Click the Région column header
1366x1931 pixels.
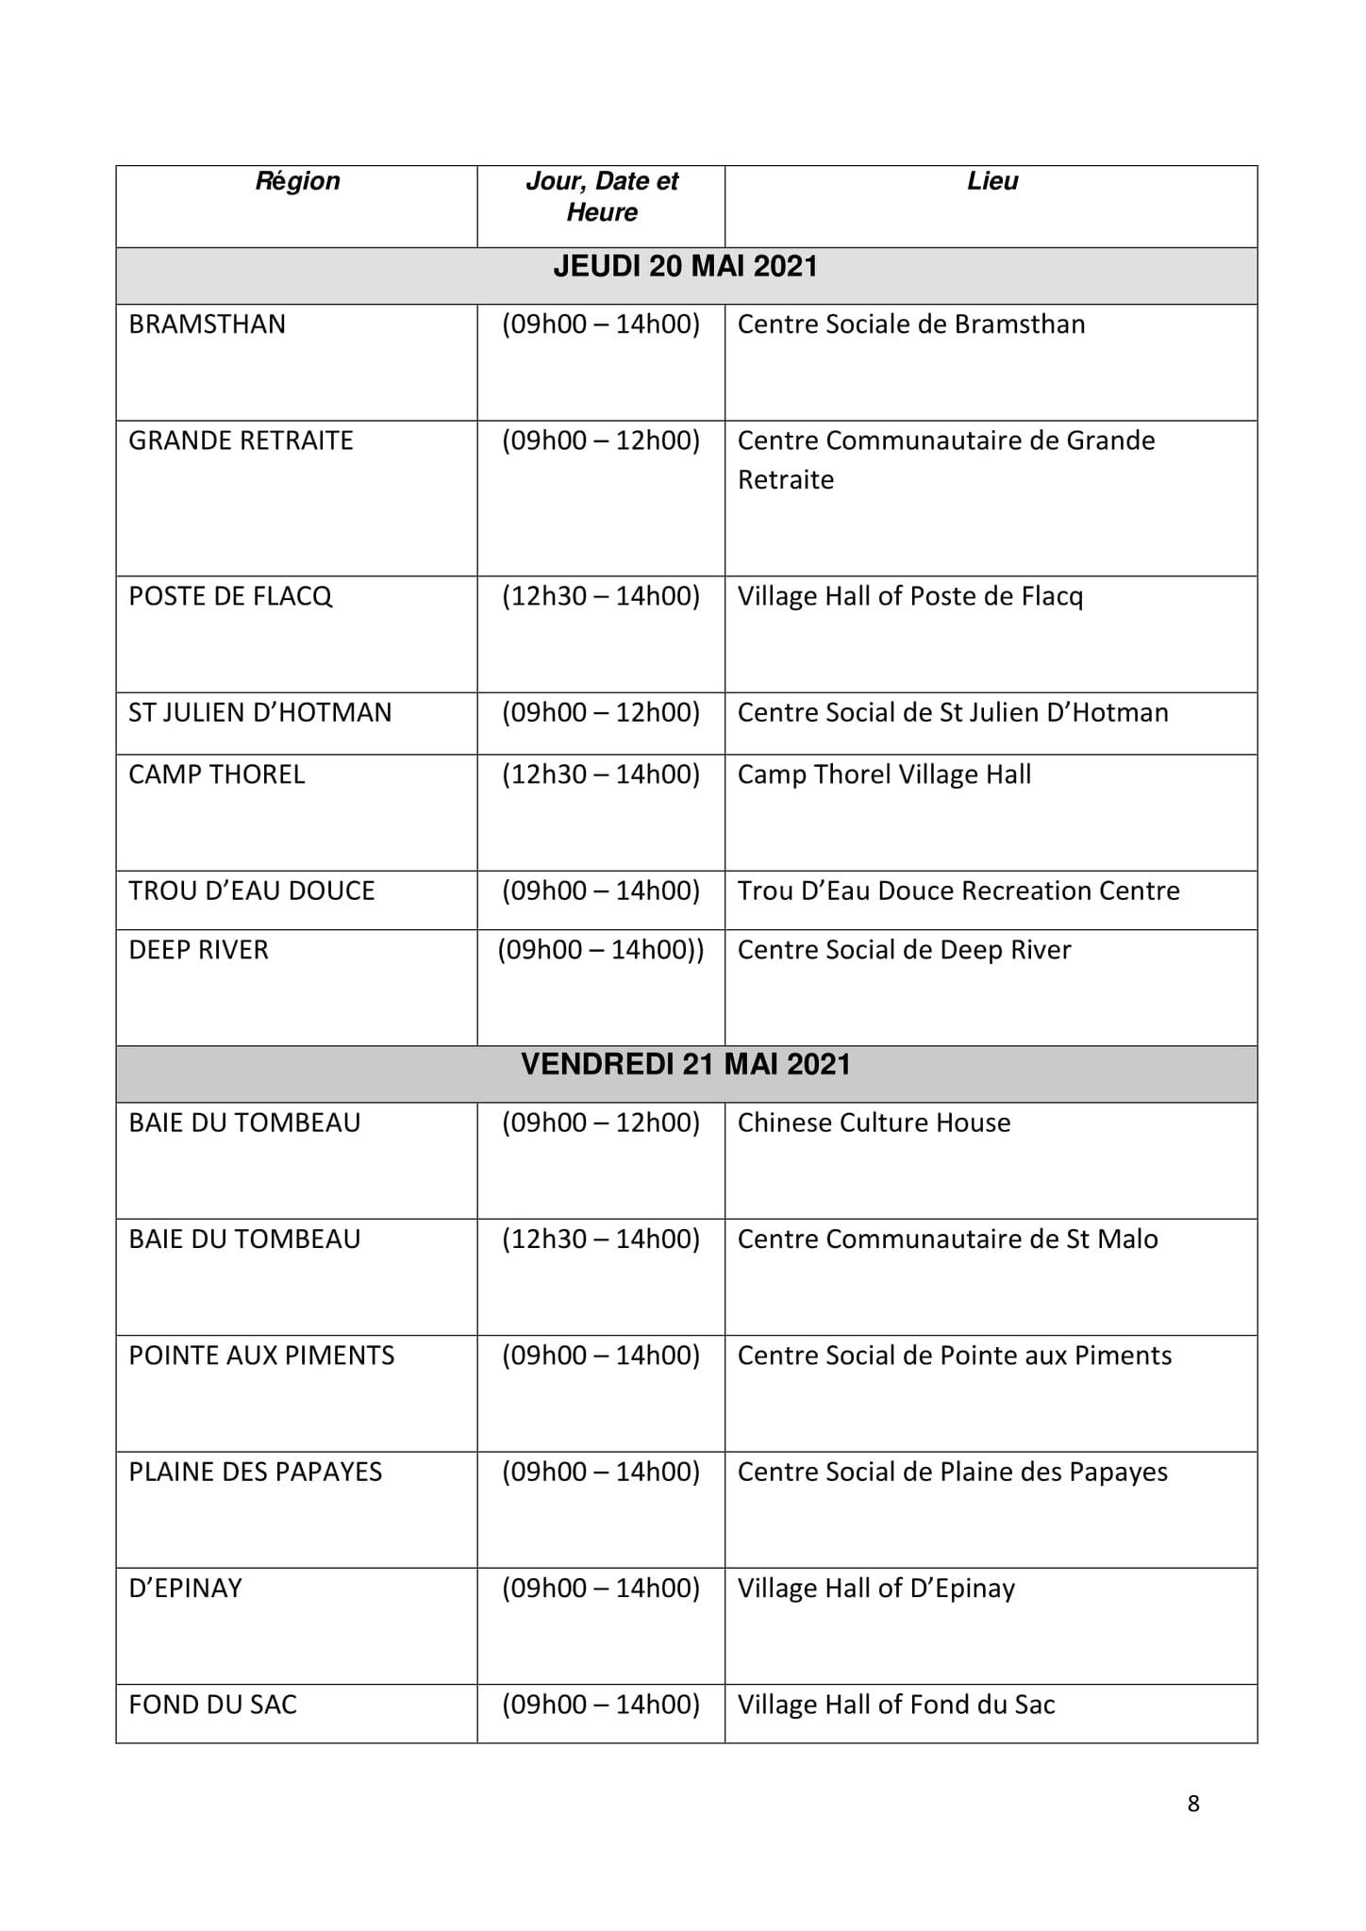click(297, 181)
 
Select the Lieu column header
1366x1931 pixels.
click(992, 181)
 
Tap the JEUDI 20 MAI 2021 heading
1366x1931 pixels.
click(686, 267)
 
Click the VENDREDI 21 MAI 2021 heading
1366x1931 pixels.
click(686, 1065)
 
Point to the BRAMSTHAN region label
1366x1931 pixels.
click(207, 325)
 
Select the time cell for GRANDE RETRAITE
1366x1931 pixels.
click(601, 441)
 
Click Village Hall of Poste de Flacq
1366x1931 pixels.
click(910, 596)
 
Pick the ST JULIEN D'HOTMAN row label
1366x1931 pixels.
click(259, 712)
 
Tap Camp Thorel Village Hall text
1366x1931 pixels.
click(884, 774)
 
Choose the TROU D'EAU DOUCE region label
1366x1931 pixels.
click(252, 891)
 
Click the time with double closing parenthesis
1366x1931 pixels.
click(601, 950)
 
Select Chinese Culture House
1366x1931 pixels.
click(874, 1123)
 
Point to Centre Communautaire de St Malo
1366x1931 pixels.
click(947, 1239)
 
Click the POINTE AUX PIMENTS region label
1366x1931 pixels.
click(261, 1356)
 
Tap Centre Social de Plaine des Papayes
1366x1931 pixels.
click(952, 1472)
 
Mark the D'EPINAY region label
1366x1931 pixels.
click(185, 1589)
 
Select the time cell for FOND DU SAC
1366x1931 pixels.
click(601, 1705)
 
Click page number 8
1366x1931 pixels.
click(1193, 1804)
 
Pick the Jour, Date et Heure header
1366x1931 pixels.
click(602, 196)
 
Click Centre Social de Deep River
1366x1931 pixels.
click(904, 950)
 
